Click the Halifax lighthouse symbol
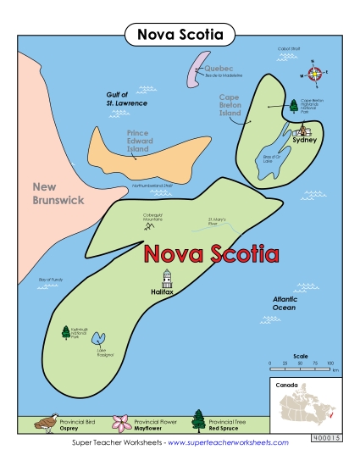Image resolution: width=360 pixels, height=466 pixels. click(167, 278)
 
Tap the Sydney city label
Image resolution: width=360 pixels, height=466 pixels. click(304, 140)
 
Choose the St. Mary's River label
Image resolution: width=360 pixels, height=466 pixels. click(219, 223)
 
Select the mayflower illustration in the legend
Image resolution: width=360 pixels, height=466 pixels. click(121, 422)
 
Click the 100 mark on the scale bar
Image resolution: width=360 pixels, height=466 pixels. click(330, 363)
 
